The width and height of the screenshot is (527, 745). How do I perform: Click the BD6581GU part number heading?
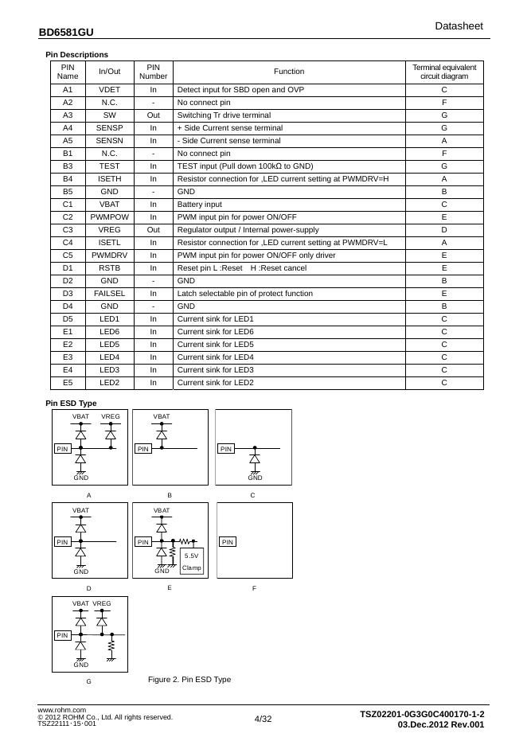(x=65, y=33)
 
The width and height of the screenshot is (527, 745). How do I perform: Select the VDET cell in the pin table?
(x=109, y=90)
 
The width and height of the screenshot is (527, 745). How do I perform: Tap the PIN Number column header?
(x=154, y=72)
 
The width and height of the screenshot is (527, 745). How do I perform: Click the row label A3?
(x=68, y=115)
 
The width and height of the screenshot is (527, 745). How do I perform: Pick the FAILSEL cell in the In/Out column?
(x=109, y=294)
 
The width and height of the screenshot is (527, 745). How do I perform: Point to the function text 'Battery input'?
(x=199, y=205)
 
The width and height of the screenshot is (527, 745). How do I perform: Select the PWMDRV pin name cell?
(x=109, y=255)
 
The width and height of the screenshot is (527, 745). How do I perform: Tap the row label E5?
(x=68, y=383)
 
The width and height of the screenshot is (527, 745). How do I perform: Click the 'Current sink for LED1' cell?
(x=215, y=319)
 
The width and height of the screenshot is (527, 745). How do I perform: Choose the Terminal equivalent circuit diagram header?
(x=444, y=72)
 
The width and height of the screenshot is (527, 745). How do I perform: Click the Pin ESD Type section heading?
(x=71, y=404)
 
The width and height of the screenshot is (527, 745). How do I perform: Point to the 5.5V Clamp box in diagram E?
(x=192, y=561)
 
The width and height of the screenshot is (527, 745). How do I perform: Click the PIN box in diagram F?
(x=228, y=542)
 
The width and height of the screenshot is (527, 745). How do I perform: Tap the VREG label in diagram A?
(x=111, y=416)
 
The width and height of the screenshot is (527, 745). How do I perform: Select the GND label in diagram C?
(x=255, y=478)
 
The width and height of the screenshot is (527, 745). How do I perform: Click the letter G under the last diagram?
(x=88, y=681)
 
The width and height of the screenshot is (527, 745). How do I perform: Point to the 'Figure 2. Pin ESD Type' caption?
(x=189, y=679)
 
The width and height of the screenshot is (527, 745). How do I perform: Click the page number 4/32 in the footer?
(x=263, y=719)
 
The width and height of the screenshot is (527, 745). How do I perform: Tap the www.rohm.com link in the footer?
(x=62, y=709)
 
